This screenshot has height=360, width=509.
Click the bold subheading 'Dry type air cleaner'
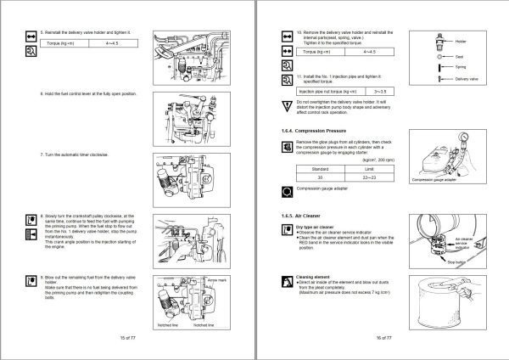[x=320, y=227]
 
